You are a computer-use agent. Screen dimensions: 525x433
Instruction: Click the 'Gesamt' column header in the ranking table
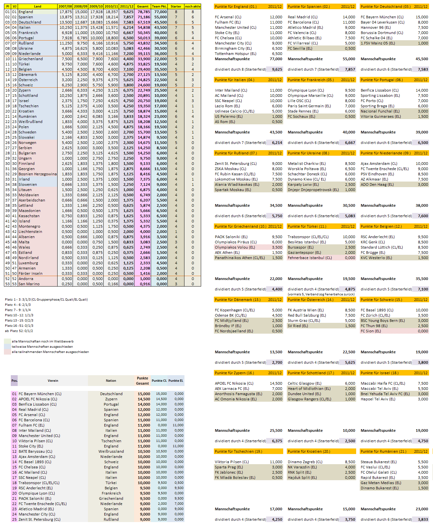tap(143, 6)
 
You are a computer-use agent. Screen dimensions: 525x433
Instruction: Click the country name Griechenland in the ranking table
tap(30, 59)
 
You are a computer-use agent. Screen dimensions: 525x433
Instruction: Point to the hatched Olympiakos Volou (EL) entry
tap(235, 247)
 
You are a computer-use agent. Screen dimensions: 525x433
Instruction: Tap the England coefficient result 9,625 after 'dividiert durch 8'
tap(277, 69)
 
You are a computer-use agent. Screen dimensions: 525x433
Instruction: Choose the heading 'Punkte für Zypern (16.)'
tap(234, 373)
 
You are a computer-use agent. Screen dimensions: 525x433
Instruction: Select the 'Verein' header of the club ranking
tap(53, 380)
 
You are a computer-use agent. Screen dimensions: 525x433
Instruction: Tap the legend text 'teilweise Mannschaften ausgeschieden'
tap(42, 346)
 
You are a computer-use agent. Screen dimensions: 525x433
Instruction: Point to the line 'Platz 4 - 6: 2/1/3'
tap(18, 305)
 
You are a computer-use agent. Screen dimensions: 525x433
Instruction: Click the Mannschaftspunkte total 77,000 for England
tap(276, 59)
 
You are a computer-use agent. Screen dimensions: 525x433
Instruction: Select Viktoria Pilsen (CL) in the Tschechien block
tap(232, 462)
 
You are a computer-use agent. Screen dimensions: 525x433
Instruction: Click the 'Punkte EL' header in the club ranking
tap(176, 380)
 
